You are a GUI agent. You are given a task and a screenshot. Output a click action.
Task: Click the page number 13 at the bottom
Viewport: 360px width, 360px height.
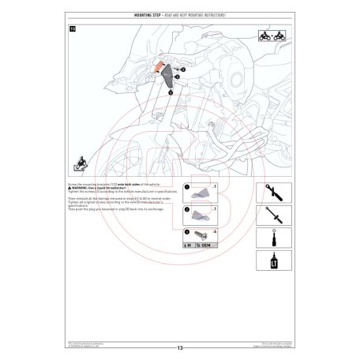(x=180, y=347)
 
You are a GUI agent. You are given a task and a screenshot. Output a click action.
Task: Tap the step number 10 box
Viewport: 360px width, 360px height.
(x=73, y=29)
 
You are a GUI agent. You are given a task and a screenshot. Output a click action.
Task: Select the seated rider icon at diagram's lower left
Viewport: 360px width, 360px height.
(x=79, y=165)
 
